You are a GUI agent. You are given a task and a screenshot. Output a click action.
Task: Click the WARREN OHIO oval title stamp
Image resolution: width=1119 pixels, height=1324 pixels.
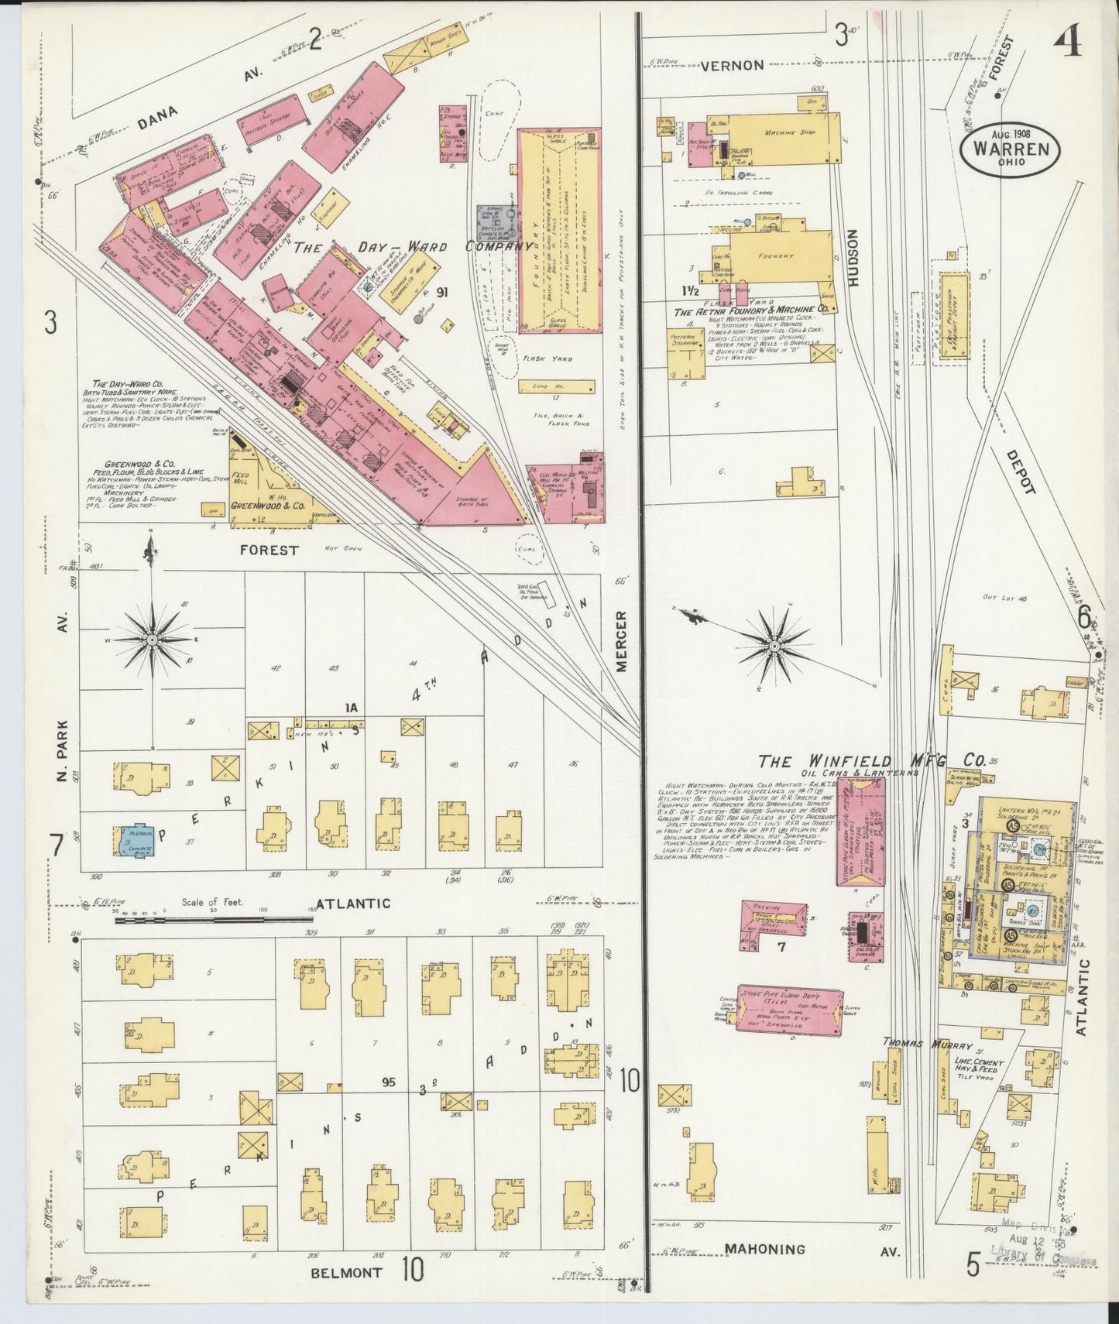pyautogui.click(x=1010, y=150)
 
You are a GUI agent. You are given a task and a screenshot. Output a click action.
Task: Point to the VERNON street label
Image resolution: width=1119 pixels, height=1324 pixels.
pyautogui.click(x=732, y=66)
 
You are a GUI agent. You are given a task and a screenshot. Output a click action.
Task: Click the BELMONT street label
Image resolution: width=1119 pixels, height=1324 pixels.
pyautogui.click(x=347, y=1272)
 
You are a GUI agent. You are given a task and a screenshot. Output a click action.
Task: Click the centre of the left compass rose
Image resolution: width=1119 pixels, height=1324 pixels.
pyautogui.click(x=153, y=640)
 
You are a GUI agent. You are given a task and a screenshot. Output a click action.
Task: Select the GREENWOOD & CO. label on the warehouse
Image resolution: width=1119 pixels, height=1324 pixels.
pyautogui.click(x=267, y=506)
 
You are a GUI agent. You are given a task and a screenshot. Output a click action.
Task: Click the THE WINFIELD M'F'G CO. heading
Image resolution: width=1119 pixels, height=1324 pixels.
pyautogui.click(x=871, y=761)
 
